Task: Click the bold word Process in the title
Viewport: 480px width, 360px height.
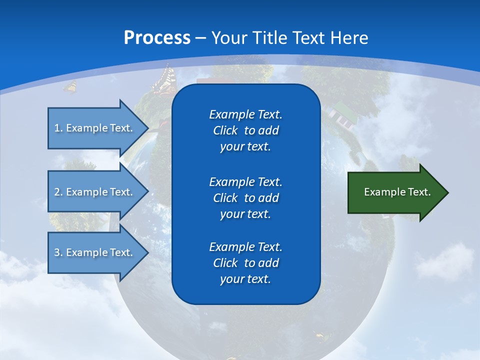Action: click(157, 38)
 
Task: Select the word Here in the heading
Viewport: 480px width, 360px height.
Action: click(349, 38)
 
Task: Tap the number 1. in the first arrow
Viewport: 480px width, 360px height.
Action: click(58, 128)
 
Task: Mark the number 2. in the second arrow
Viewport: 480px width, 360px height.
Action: click(58, 192)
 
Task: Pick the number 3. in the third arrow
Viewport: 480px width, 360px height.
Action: click(58, 252)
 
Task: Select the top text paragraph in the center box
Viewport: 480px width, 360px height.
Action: click(245, 130)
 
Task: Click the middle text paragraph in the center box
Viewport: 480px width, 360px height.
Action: click(245, 197)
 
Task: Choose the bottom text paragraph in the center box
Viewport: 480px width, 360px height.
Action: click(245, 263)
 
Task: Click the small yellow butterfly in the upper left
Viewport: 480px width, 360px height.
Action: click(70, 87)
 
